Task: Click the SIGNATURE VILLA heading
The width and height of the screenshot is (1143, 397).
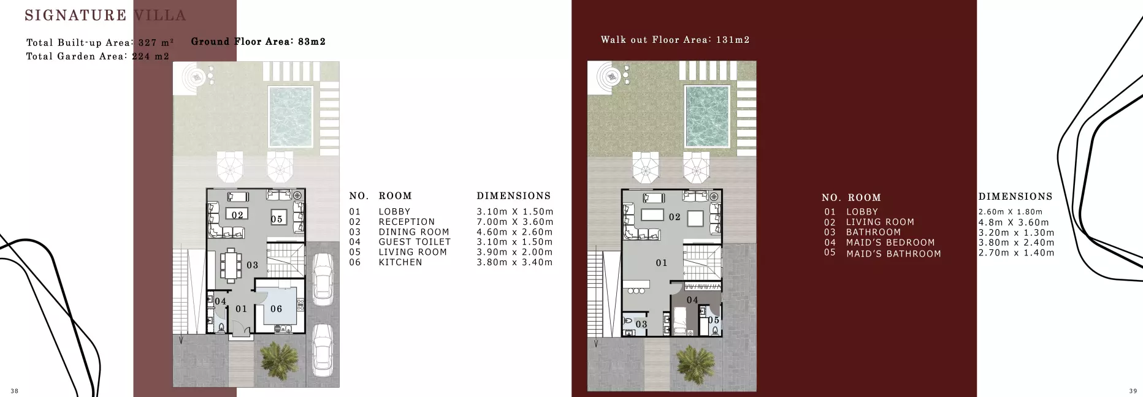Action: point(105,15)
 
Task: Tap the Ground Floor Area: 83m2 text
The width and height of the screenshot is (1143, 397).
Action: point(258,42)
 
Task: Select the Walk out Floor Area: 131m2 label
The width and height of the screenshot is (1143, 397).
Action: point(675,40)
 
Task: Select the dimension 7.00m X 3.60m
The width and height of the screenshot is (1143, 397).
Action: point(514,222)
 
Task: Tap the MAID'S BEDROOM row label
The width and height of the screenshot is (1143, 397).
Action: point(890,243)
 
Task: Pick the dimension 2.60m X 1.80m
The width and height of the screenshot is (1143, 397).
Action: point(1010,212)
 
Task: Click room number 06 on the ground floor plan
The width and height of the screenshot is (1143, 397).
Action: point(277,309)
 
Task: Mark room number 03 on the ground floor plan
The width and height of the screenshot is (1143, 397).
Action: point(252,265)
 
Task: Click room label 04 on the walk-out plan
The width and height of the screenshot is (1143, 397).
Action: point(692,300)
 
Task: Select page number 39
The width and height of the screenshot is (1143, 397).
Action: point(1133,391)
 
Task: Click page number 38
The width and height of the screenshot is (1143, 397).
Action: point(15,391)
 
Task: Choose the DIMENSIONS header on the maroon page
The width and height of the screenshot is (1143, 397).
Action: point(1015,197)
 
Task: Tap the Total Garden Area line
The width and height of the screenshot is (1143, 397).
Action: point(97,56)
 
